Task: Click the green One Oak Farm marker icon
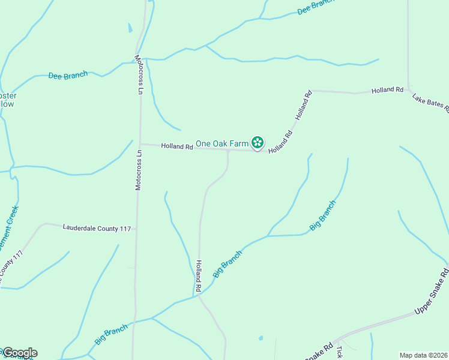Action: coord(257,143)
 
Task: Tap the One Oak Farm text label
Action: coord(222,143)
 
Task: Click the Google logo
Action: coord(20,353)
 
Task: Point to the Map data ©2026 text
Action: coord(423,355)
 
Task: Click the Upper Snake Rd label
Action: coord(432,292)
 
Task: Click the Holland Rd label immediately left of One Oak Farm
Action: coord(176,146)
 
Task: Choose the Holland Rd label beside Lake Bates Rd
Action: coord(387,90)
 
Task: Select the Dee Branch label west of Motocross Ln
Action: coord(68,75)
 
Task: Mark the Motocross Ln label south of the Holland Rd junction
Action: coord(139,170)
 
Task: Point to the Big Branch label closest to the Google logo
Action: coord(111,334)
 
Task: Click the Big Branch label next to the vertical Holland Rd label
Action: coord(228,263)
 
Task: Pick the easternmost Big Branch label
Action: coord(322,215)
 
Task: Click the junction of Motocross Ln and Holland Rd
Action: coord(140,144)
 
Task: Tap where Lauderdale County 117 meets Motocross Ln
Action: coord(137,228)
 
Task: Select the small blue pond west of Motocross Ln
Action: coord(130,28)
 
